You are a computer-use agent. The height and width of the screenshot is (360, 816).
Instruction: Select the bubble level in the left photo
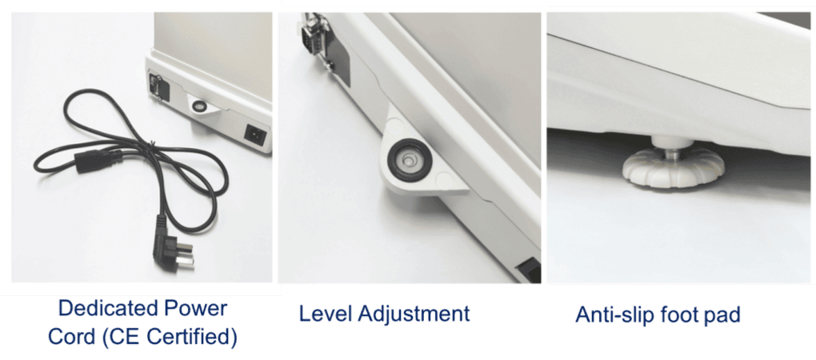coord(198,106)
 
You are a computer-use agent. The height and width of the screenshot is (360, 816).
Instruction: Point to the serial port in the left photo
coord(154,85)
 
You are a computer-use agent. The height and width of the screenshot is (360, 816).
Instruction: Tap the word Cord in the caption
coord(70,337)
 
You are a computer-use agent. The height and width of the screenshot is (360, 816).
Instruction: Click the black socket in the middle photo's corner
coord(528,270)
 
